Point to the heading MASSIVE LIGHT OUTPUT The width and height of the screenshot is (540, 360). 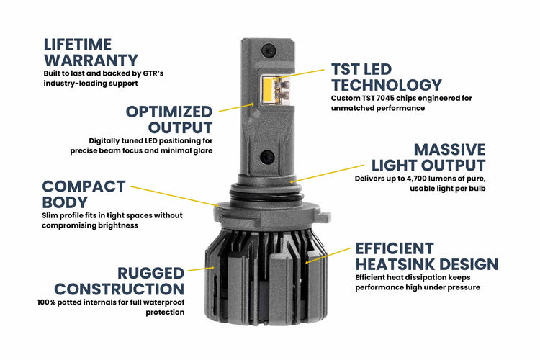point(428,158)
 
